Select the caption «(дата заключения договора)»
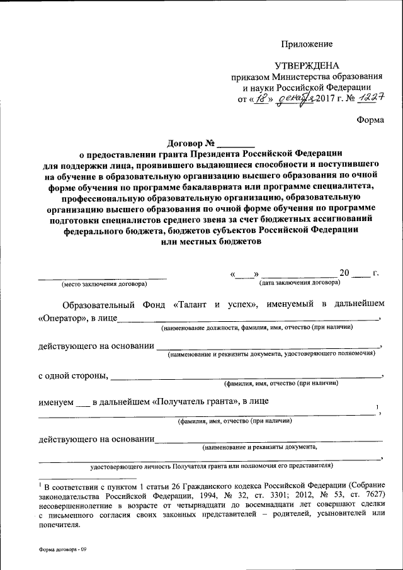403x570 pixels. point(300,283)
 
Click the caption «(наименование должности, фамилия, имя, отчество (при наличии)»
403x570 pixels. point(256,328)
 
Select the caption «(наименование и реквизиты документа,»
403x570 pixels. point(259,447)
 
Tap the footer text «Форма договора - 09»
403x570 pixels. point(62,550)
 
